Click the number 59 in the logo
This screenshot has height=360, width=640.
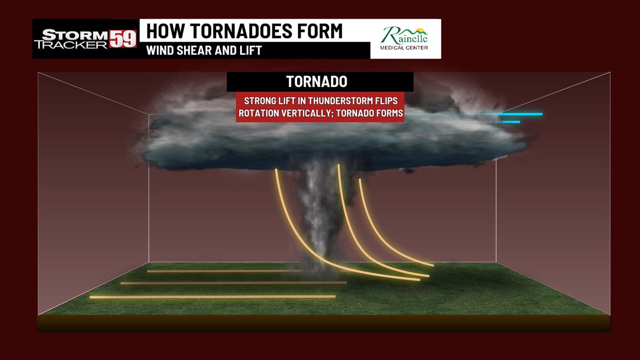pyautogui.click(x=123, y=39)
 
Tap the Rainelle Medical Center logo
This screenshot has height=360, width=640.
pyautogui.click(x=406, y=39)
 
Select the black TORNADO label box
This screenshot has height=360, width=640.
pyautogui.click(x=320, y=82)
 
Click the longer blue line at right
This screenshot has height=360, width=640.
pyautogui.click(x=520, y=114)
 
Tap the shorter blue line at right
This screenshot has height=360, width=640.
pyautogui.click(x=510, y=122)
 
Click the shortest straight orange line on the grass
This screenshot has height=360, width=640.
pyautogui.click(x=224, y=271)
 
